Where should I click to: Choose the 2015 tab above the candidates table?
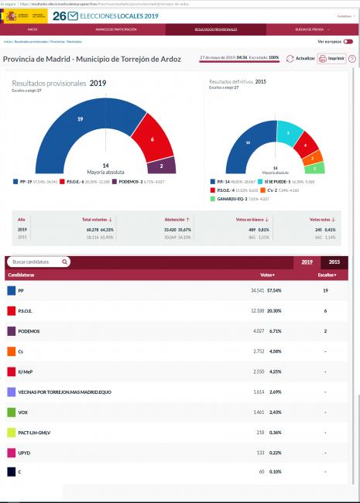(x=334, y=262)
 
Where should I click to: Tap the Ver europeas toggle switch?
(x=348, y=41)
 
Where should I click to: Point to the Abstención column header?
(x=177, y=220)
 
